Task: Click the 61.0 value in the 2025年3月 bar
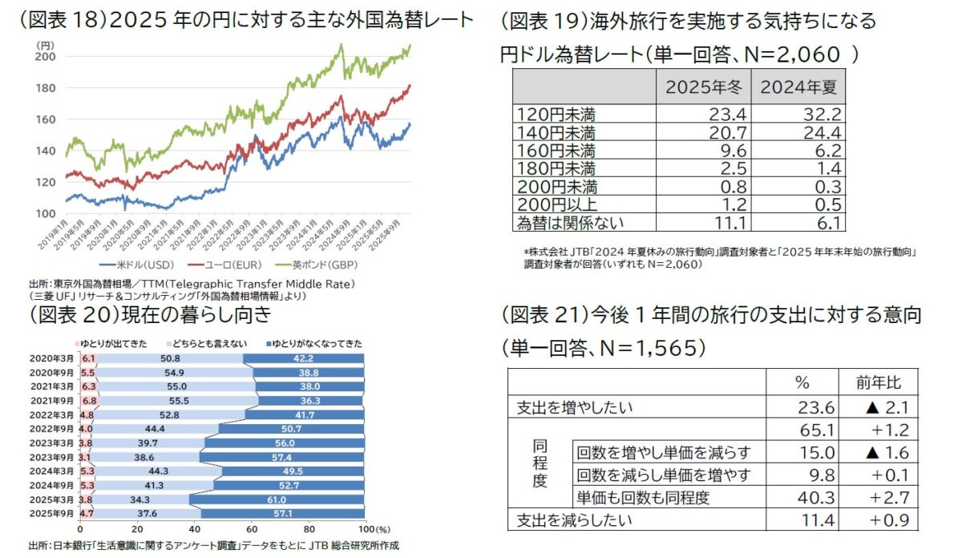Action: (x=280, y=499)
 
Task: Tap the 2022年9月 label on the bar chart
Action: (x=52, y=429)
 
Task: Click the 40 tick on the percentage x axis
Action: (x=194, y=530)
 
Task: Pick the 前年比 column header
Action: (x=877, y=381)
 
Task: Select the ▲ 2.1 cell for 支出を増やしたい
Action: (x=877, y=407)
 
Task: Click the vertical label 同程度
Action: (x=540, y=463)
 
